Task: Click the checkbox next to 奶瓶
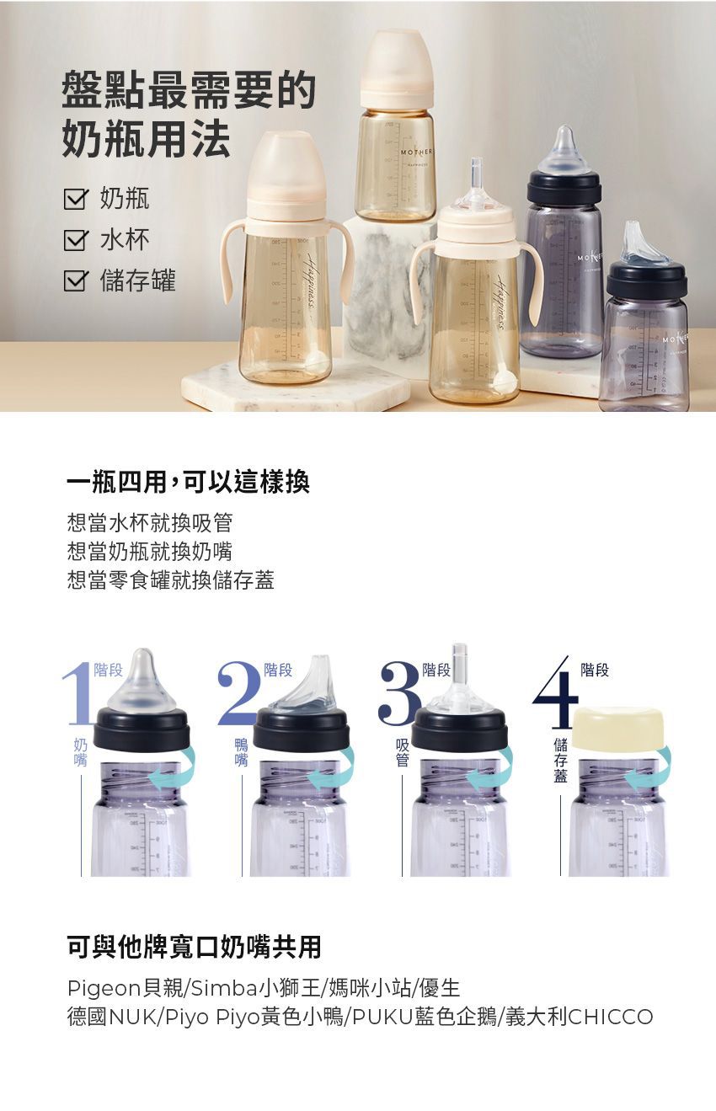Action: pos(76,200)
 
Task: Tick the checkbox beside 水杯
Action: pos(76,241)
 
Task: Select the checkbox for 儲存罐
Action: pos(76,281)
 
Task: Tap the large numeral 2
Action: pos(238,694)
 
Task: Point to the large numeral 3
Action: pos(398,694)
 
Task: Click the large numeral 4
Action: pos(556,696)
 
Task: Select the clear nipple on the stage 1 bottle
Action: pos(142,682)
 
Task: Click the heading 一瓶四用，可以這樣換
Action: pos(189,482)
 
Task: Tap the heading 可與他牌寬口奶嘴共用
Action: pos(195,947)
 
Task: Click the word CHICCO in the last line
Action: pos(611,1017)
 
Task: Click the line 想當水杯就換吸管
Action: pos(150,523)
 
